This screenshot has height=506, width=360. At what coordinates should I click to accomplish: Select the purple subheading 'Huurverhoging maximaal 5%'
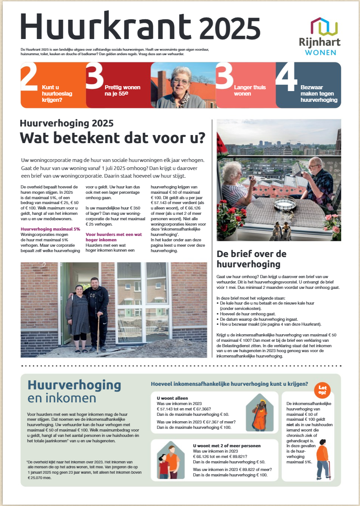(x=50, y=229)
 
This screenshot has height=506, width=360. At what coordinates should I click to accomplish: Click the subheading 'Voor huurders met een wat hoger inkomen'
(x=114, y=237)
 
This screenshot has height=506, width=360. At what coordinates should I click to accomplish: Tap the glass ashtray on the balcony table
(x=284, y=204)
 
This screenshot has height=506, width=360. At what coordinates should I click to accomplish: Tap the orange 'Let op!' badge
(x=322, y=390)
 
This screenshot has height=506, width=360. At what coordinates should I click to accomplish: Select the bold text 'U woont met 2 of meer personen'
(x=226, y=445)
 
